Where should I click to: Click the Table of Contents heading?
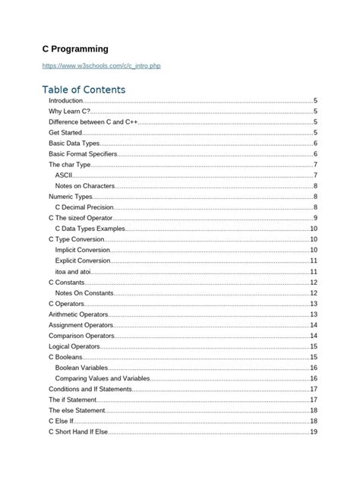click(84, 90)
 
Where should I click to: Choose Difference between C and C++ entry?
click(92, 122)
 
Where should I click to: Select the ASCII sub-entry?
click(64, 175)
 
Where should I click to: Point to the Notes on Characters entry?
click(84, 185)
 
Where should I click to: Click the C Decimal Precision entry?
click(86, 207)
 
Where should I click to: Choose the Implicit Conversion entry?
click(83, 250)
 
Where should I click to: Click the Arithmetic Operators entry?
click(78, 314)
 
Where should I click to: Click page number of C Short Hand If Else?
click(313, 431)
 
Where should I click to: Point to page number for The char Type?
click(315, 164)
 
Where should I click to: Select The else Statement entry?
click(77, 410)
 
